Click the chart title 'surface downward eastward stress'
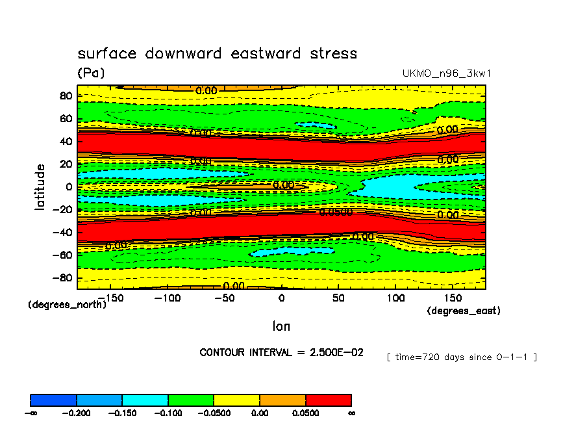click(217, 53)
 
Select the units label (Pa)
click(91, 73)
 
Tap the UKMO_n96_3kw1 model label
click(447, 73)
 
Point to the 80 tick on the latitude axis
click(66, 95)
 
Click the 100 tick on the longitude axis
click(395, 297)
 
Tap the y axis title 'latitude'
click(41, 187)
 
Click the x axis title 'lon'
click(281, 326)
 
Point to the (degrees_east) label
click(464, 311)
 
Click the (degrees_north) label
click(67, 304)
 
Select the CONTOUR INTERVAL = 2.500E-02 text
click(281, 352)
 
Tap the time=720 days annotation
click(461, 357)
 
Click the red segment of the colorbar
click(328, 400)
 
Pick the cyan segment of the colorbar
click(145, 400)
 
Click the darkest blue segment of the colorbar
click(53, 400)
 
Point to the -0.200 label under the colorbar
click(77, 413)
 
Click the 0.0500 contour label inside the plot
click(336, 212)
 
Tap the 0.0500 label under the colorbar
click(305, 413)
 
